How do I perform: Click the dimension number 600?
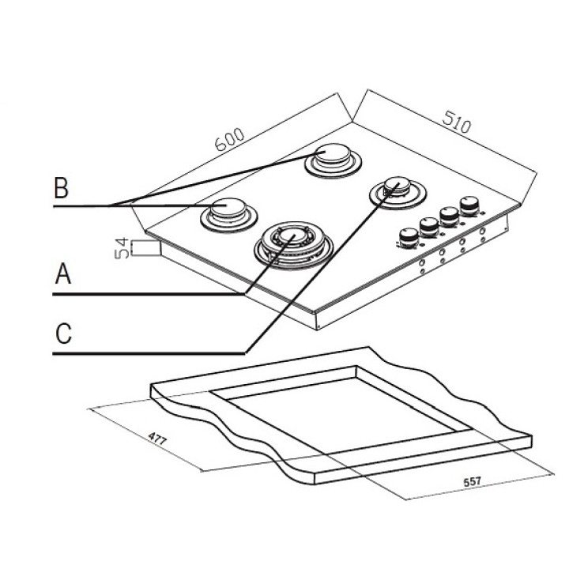[229, 139]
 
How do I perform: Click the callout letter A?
[63, 275]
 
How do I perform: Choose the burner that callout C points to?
[397, 190]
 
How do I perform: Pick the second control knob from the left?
[430, 227]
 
